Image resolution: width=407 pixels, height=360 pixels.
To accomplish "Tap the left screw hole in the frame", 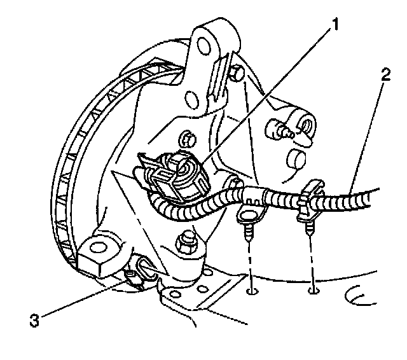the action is click(x=252, y=293).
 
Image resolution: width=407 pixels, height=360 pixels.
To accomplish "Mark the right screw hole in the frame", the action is click(x=312, y=292).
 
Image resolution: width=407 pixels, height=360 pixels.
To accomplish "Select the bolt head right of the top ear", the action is click(x=236, y=74).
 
